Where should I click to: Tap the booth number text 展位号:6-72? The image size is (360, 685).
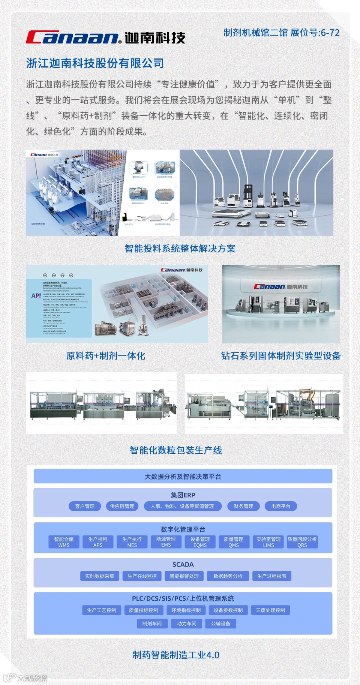pos(315,33)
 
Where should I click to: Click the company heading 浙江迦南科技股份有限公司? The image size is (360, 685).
pos(95,63)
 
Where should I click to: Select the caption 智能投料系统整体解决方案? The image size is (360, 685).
pos(180,249)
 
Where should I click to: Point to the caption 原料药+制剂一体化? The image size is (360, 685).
pos(106,356)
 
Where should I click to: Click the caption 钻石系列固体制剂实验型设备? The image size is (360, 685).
pos(280,356)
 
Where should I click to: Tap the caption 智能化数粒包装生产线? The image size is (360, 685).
pos(176,450)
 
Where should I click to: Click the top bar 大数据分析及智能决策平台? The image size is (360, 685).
pos(183,477)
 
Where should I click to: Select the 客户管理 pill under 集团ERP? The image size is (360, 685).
pos(85,506)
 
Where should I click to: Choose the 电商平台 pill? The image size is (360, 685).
pos(281,506)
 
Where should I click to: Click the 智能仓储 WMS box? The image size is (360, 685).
pos(64,542)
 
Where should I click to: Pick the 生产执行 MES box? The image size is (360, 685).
pos(132,542)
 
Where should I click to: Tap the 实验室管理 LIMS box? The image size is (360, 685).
pos(268,542)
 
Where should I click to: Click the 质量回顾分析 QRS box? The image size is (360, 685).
pos(302,542)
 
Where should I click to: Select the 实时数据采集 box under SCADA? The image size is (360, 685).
pos(99,576)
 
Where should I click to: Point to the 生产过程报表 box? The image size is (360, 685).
pos(272,576)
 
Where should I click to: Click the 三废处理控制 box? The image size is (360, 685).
pos(271,610)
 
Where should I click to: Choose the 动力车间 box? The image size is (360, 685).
pos(187,624)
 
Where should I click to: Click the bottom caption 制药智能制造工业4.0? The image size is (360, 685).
pos(176,655)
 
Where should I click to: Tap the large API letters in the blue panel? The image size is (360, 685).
pos(36,296)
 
